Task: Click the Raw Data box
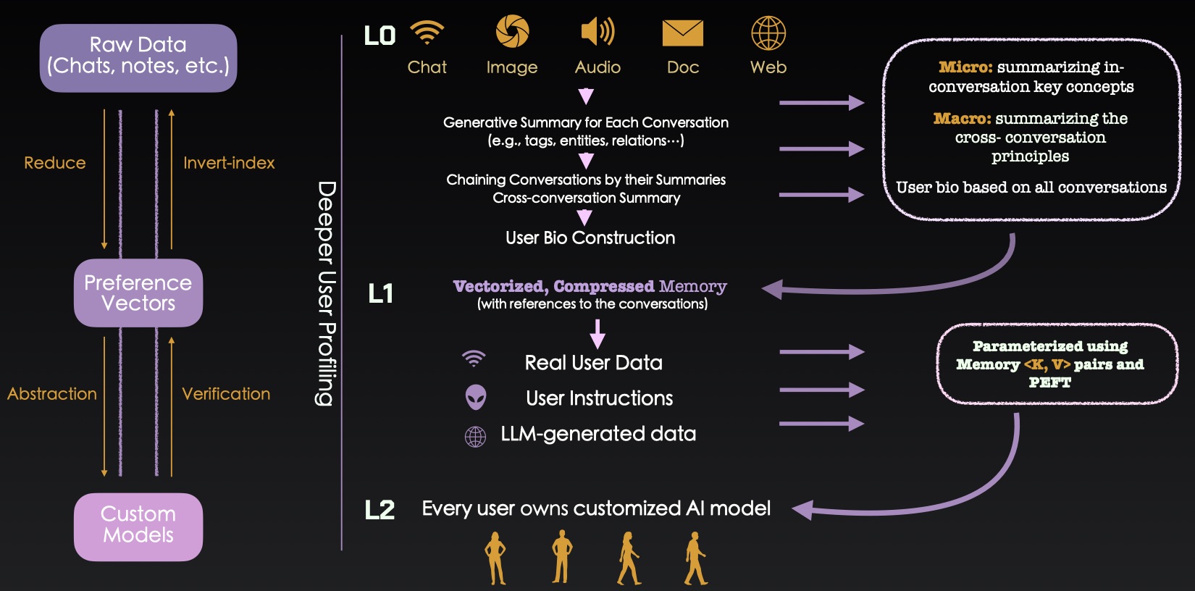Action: [x=138, y=57]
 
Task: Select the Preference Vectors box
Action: [x=138, y=293]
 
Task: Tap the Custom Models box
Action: [x=138, y=527]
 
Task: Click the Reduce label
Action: [x=55, y=163]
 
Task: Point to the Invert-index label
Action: [x=229, y=163]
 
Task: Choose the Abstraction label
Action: [x=52, y=394]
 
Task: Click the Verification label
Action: [x=226, y=394]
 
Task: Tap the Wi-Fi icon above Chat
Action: [x=427, y=32]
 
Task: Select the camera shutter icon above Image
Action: [x=512, y=32]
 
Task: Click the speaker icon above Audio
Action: [x=597, y=32]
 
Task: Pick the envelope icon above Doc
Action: [x=683, y=33]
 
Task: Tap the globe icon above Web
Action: [x=768, y=33]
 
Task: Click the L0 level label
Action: [x=380, y=35]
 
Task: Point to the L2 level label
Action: [x=380, y=510]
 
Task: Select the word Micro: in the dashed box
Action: [x=965, y=67]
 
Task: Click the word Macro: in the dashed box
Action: [x=962, y=119]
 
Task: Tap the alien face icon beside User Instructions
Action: [x=476, y=397]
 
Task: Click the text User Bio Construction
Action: [x=590, y=238]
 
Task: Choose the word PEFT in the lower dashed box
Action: [x=1049, y=382]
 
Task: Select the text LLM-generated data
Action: [x=598, y=434]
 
